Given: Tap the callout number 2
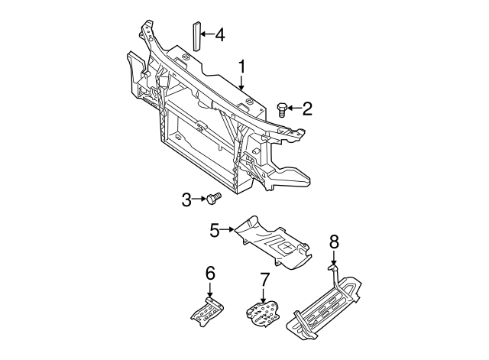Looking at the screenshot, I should pos(307,109).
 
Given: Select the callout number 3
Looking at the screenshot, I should pos(186,199).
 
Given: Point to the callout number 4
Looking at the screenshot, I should pos(219,34).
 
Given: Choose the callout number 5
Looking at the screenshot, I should pos(215,229).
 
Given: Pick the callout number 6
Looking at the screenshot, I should pos(210,273).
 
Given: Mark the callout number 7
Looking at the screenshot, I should pos(264,279).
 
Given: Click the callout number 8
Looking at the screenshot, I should pos(334,242).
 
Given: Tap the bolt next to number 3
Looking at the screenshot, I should pos(212,199).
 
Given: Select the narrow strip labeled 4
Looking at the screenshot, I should pos(195,35).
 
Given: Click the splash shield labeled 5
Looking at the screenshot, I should pos(275,245).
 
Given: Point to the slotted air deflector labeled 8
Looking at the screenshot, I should pos(325,306).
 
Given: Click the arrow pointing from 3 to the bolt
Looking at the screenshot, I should pos(199,199).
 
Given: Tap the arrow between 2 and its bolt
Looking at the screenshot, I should pos(294,109).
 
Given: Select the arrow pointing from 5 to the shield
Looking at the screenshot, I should pos(228,229).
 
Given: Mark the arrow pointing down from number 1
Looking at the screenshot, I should pos(241,83).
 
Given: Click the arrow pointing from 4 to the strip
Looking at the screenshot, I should pos(206,34).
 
